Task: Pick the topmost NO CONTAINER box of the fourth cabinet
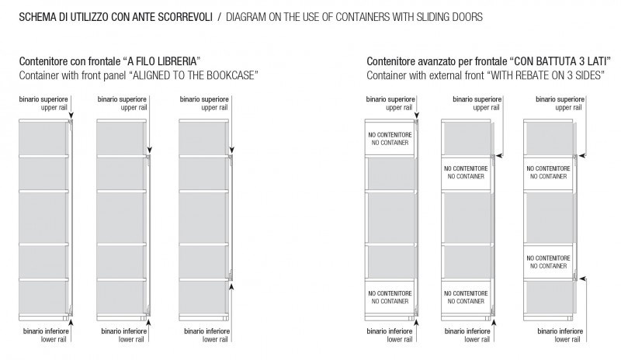pos(390,139)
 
